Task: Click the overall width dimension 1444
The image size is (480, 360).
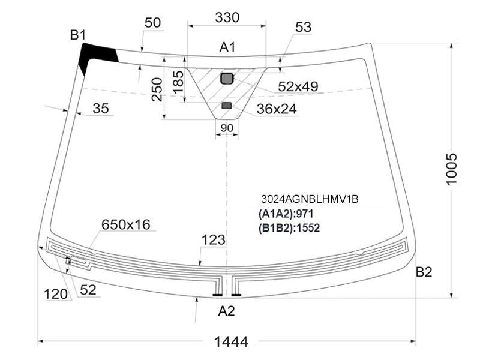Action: click(x=231, y=341)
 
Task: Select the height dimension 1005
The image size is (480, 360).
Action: click(x=451, y=169)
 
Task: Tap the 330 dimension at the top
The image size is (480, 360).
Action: click(x=227, y=17)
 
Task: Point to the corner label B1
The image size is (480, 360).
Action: click(x=78, y=35)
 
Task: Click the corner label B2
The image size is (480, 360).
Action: click(x=424, y=272)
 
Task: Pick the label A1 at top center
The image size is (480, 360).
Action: click(x=227, y=47)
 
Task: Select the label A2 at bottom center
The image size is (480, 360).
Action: click(x=227, y=311)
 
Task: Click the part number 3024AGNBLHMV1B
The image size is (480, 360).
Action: click(x=310, y=199)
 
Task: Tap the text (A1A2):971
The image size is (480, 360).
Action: click(x=286, y=214)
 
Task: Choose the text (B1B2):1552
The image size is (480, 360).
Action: click(x=289, y=228)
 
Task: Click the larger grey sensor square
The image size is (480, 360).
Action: click(x=227, y=79)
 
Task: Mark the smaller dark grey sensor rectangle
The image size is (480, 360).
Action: click(x=227, y=106)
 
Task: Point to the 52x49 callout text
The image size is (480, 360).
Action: click(x=298, y=86)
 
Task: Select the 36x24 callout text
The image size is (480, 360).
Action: click(x=277, y=109)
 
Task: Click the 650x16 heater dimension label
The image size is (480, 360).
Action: click(x=126, y=224)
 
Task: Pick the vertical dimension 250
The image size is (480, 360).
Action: click(x=157, y=89)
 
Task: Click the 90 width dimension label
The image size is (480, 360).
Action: click(x=227, y=128)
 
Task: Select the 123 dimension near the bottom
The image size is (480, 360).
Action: click(x=214, y=239)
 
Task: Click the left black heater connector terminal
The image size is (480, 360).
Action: click(x=218, y=295)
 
